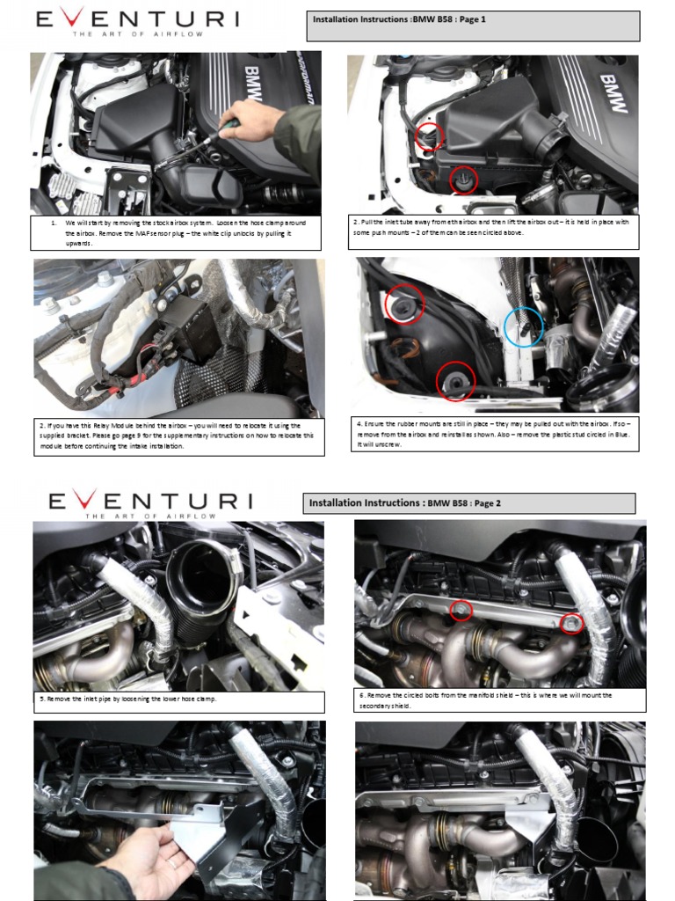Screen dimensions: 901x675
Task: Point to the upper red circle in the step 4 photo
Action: [x=404, y=304]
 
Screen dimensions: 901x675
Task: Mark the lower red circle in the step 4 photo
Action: [x=455, y=381]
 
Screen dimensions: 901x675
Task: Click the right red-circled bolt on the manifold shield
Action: [x=570, y=623]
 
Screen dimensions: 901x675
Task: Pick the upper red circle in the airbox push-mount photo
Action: [x=429, y=136]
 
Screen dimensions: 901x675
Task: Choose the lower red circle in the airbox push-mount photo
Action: [x=462, y=179]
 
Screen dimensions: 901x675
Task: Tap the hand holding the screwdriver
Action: [x=251, y=121]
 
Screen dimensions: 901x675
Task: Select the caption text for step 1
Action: [x=176, y=233]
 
